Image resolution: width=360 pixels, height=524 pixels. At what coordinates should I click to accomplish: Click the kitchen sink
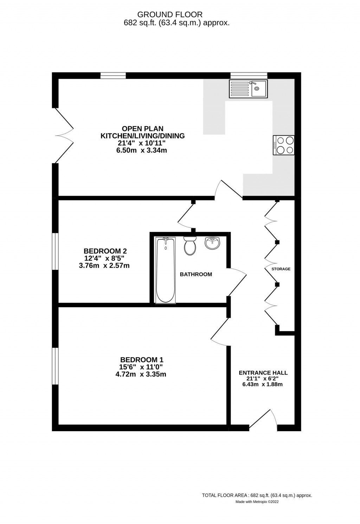coord(248,89)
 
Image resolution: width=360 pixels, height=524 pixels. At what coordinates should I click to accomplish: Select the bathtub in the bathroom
coord(166,270)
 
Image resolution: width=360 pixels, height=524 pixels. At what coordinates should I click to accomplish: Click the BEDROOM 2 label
coord(105,251)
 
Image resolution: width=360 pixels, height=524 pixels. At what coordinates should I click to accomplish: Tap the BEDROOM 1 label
coord(142,360)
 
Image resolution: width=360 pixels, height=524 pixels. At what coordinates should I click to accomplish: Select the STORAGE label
coord(281,269)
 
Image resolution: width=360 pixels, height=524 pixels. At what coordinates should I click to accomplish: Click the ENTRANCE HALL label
coord(263,373)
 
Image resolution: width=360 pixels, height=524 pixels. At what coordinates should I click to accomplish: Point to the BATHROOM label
coord(196,274)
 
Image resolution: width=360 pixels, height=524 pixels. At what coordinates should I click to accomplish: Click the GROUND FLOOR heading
coord(170,15)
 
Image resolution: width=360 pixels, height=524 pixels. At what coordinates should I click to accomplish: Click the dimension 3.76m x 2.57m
coord(104,266)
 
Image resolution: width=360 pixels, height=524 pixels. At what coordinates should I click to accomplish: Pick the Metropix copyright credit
coord(257,502)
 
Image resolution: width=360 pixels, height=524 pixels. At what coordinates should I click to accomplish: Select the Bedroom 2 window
coord(55,252)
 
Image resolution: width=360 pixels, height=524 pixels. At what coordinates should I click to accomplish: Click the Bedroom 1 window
coord(55,366)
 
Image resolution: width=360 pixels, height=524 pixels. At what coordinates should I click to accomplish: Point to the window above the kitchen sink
coord(249,75)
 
